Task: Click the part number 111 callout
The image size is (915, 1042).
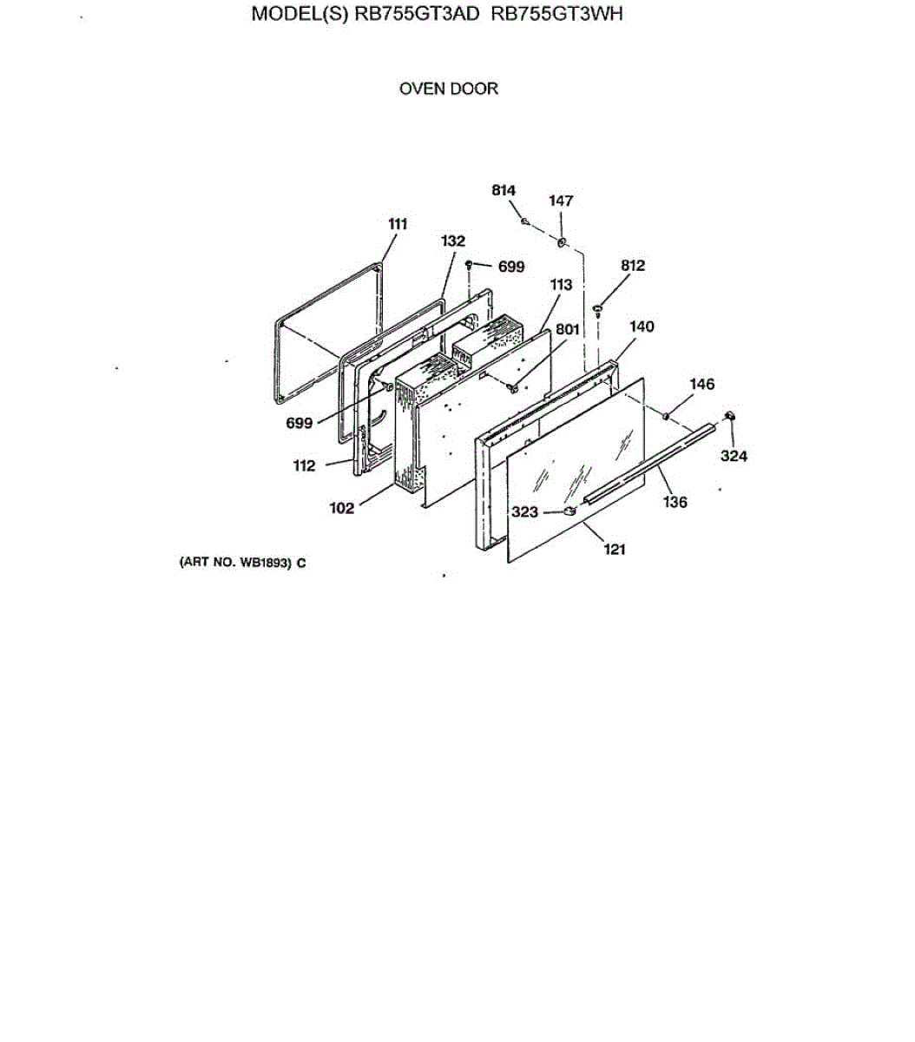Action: tap(398, 224)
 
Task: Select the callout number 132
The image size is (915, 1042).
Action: tap(453, 241)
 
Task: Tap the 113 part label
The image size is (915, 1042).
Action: tap(561, 284)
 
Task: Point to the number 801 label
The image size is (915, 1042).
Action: tap(568, 330)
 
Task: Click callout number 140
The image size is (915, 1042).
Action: tap(642, 326)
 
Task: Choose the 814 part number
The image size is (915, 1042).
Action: tap(504, 190)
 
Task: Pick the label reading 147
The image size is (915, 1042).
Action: tap(561, 201)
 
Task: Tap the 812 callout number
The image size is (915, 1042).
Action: tap(633, 266)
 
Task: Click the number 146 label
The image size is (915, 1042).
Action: tap(702, 384)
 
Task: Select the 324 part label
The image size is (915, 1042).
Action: tap(734, 456)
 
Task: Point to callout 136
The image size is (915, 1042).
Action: tap(675, 502)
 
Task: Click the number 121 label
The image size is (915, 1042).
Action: tap(614, 549)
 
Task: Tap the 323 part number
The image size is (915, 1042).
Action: tap(524, 512)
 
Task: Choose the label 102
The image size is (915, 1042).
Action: tap(341, 508)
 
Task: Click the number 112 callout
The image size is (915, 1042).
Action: tap(304, 465)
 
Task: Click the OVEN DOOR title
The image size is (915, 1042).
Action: tap(448, 89)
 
